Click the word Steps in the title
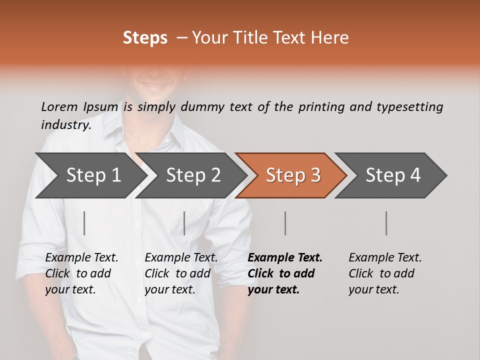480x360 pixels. click(145, 38)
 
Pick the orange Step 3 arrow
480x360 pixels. click(292, 175)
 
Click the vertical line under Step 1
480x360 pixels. click(84, 223)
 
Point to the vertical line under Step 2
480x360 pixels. click(184, 223)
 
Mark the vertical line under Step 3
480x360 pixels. click(285, 223)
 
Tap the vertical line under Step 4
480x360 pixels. click(386, 223)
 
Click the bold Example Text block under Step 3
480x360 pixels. click(285, 273)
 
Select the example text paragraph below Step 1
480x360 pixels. click(81, 273)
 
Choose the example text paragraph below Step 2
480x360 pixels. click(181, 273)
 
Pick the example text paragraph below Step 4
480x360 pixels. click(385, 273)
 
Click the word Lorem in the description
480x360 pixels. click(59, 106)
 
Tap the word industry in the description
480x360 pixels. click(66, 125)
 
